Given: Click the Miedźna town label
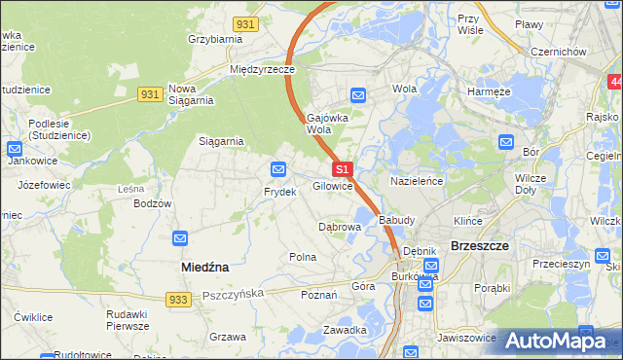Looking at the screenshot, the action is pyautogui.click(x=204, y=266).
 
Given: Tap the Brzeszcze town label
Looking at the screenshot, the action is pyautogui.click(x=480, y=246).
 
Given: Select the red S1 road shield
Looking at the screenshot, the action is pyautogui.click(x=341, y=169).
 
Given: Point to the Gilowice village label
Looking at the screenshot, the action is pyautogui.click(x=332, y=185).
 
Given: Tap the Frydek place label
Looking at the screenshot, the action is pyautogui.click(x=279, y=192).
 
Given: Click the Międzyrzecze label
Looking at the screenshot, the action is pyautogui.click(x=262, y=70).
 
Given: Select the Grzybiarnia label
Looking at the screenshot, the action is pyautogui.click(x=215, y=40).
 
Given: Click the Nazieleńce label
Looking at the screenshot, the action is pyautogui.click(x=417, y=182).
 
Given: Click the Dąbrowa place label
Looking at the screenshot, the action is pyautogui.click(x=341, y=227).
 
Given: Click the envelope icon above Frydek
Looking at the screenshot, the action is pyautogui.click(x=279, y=169).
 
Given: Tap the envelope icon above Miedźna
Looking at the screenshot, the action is pyautogui.click(x=181, y=238).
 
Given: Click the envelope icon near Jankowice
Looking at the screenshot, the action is pyautogui.click(x=15, y=149).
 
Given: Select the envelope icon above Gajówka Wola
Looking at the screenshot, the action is pyautogui.click(x=358, y=95).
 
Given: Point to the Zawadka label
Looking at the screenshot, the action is pyautogui.click(x=346, y=330).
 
